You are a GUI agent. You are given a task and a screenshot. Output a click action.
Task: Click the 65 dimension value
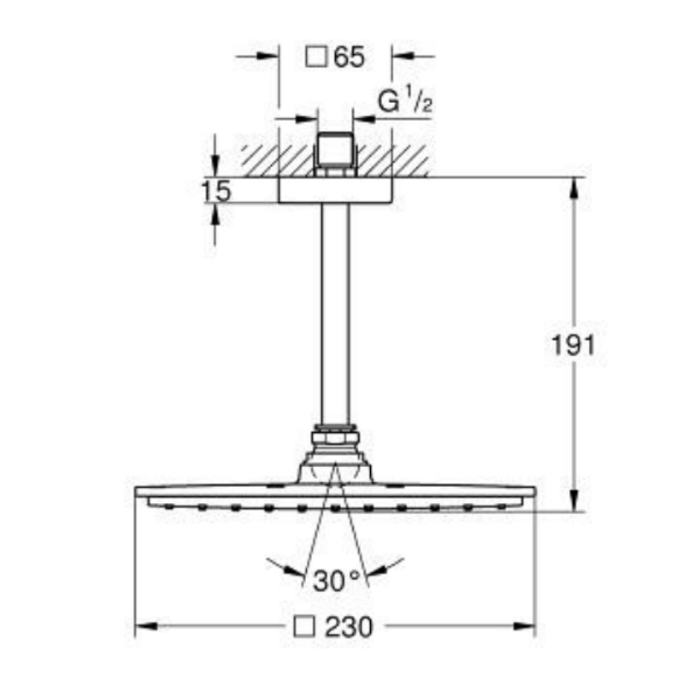click(x=349, y=58)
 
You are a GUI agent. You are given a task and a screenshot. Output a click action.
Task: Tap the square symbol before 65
click(x=316, y=58)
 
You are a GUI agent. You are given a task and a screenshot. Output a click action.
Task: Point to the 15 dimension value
click(x=217, y=191)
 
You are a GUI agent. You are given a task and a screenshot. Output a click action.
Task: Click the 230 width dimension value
click(x=349, y=627)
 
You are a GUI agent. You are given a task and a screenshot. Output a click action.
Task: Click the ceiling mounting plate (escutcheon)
click(x=335, y=191)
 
